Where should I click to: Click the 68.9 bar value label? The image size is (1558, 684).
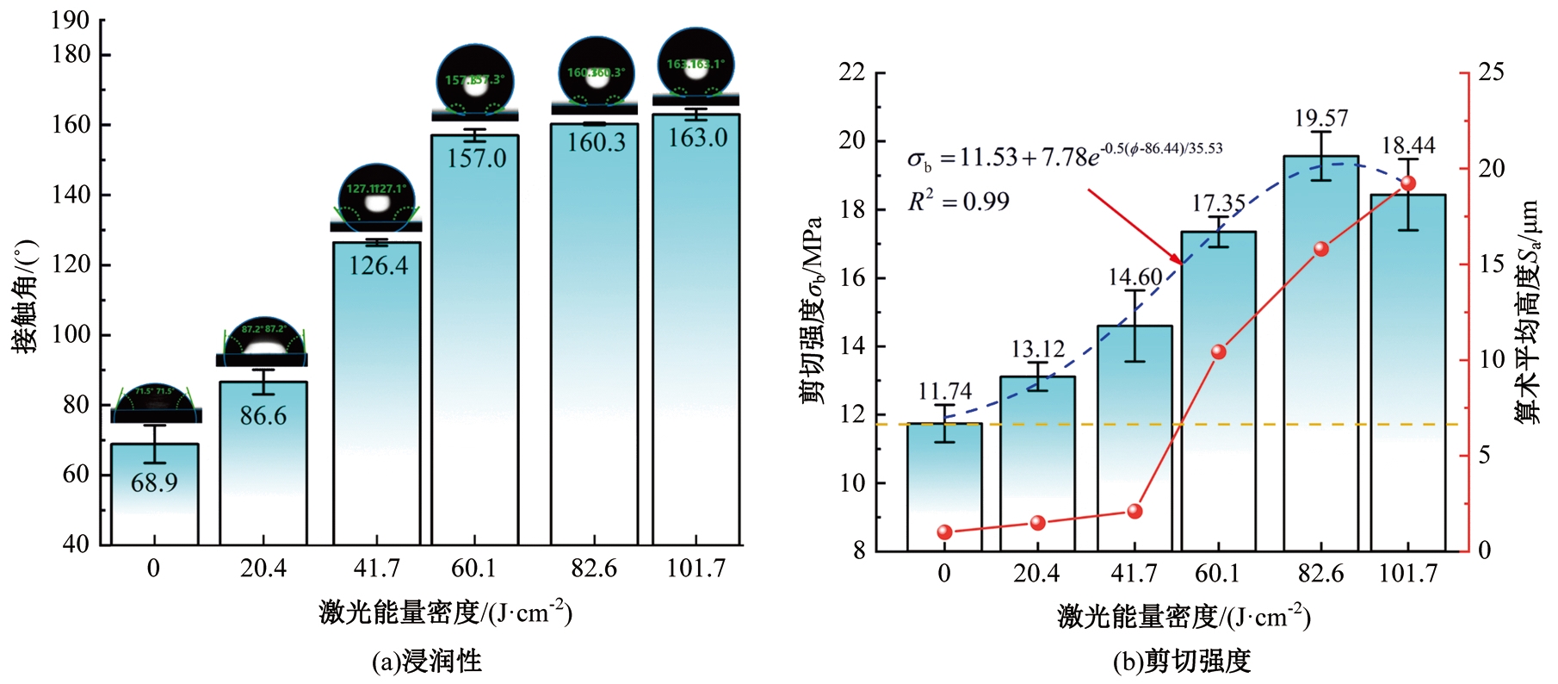tap(154, 482)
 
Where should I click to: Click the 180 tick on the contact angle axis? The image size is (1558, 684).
tap(71, 54)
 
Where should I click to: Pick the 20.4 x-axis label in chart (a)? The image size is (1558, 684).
tap(263, 569)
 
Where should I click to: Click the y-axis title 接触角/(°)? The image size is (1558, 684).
tap(26, 297)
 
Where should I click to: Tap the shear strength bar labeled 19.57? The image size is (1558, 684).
tap(1320, 353)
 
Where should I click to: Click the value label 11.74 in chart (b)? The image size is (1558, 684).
tap(944, 392)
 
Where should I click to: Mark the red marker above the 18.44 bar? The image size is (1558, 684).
tap(1408, 183)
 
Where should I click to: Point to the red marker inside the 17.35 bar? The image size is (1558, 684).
tap(1218, 351)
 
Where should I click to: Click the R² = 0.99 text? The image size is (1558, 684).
tap(958, 202)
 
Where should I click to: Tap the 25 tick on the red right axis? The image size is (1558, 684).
tap(1491, 72)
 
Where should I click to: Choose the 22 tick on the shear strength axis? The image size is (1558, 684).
tap(852, 72)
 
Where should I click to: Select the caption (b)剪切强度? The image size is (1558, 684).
tap(1181, 662)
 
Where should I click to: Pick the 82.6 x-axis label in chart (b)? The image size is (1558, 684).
tap(1320, 574)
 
